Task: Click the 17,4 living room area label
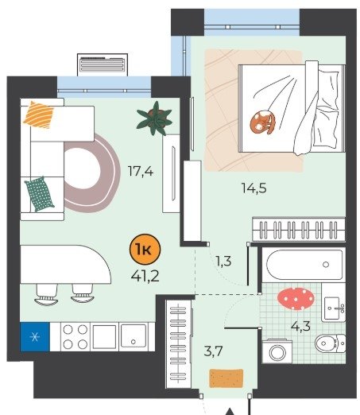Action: coord(141,171)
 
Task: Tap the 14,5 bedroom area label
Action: coord(254,188)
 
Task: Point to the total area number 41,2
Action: coord(145,276)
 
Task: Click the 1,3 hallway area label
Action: coord(224,262)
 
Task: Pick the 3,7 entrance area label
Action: coord(213,351)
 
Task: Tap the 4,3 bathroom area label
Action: coord(300,326)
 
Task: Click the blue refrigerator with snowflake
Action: coord(35,337)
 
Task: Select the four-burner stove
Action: coord(75,337)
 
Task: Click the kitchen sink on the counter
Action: coord(134,336)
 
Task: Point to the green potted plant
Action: coord(155,118)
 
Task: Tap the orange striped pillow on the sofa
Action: coord(39,114)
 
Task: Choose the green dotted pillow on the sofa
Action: coord(39,195)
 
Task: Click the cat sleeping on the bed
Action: coord(264,122)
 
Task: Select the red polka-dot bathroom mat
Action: coord(296,299)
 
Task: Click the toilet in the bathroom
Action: coord(330,343)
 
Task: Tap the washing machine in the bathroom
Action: coord(277,351)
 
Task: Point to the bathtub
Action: coord(304,265)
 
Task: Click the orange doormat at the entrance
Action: coord(226,378)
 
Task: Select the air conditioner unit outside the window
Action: coord(103,64)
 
